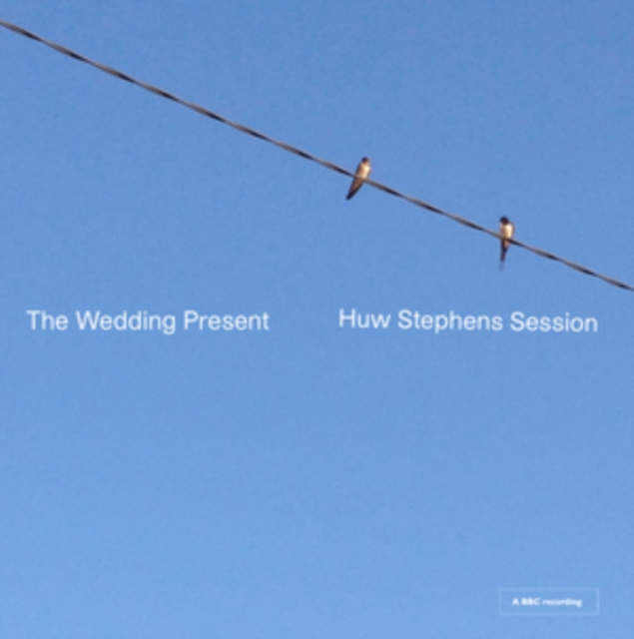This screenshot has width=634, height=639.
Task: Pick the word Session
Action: pos(554,322)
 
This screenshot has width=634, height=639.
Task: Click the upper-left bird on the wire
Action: pos(359,176)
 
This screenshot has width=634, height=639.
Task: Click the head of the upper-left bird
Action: pos(364,161)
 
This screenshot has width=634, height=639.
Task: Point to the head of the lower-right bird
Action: pos(505,221)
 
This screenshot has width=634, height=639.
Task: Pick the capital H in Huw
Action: pos(345,321)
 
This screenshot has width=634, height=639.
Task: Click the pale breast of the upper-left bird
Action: pos(362,172)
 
